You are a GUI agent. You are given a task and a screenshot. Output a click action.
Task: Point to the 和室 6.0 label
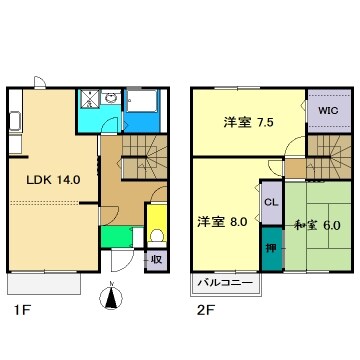click(x=318, y=225)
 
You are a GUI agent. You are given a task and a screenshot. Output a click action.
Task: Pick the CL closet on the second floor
click(x=271, y=203)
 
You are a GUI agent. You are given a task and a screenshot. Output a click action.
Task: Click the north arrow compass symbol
click(x=112, y=297)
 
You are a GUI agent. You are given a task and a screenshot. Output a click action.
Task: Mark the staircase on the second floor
click(x=326, y=154)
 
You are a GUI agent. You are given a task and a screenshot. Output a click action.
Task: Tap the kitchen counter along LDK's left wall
click(x=14, y=125)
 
